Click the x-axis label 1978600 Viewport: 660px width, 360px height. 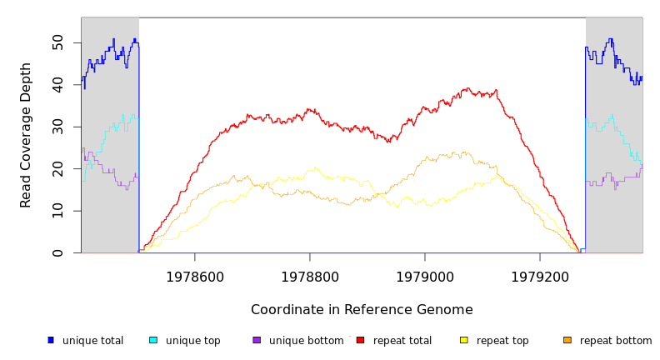195,277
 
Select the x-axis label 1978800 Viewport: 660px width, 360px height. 310,277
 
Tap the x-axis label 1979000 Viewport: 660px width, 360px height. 425,277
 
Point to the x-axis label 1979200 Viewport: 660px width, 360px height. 540,277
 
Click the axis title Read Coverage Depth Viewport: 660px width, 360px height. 27,135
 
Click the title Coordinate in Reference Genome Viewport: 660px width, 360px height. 362,310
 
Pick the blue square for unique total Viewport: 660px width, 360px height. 51,340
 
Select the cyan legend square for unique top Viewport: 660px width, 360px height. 153,340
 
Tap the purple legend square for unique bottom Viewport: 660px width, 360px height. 257,340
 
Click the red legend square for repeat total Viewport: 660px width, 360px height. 360,340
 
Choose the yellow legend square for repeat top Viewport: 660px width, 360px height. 463,340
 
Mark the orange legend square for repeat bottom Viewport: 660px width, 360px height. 567,340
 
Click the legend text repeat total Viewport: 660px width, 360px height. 402,341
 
